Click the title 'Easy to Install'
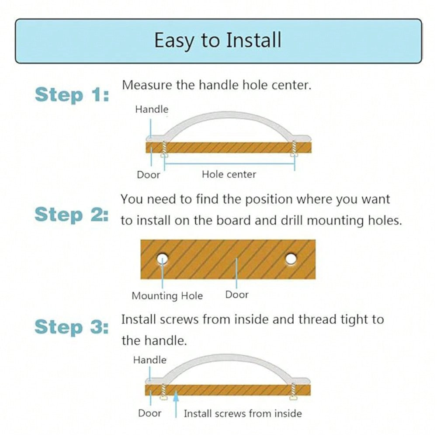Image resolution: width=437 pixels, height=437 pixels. coord(218,41)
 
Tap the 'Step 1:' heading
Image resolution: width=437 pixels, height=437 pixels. coord(72,95)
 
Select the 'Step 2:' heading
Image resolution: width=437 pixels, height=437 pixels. coord(71,215)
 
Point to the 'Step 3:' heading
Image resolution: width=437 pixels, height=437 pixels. coord(71,327)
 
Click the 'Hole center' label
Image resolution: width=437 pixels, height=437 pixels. coord(229,174)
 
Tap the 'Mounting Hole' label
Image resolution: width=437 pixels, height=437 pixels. coord(167,296)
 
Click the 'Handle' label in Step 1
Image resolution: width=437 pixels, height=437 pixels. coord(152,109)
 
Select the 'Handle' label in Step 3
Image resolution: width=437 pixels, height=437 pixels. coord(149,360)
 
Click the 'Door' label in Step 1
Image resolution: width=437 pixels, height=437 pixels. coord(148,175)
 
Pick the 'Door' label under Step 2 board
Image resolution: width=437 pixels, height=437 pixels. coord(236,295)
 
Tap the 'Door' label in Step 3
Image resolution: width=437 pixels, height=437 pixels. coord(149,413)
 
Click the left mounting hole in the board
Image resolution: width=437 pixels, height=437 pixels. coord(162,259)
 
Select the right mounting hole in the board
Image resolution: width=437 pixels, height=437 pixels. coord(291,259)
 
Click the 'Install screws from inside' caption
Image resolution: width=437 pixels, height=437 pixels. coord(243,413)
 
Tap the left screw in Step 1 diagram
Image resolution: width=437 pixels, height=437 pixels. coord(164,149)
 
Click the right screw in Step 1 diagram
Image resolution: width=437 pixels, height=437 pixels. coord(294,149)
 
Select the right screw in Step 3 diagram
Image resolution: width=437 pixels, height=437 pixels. coord(293,392)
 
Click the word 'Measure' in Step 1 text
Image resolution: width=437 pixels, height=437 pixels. coord(146,85)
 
